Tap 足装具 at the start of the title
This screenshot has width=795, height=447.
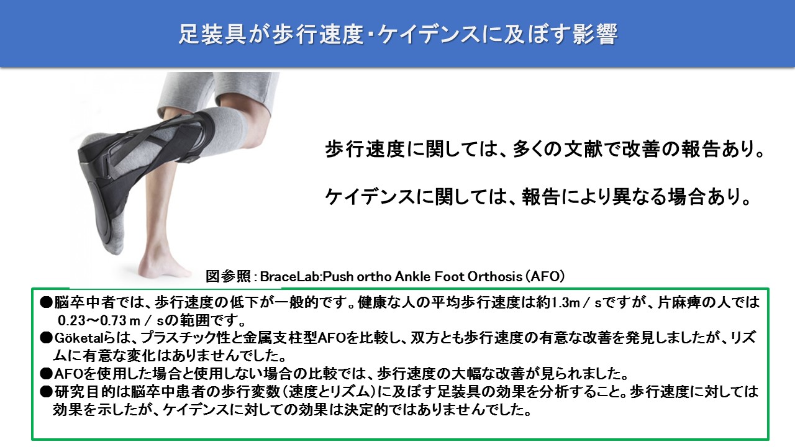[212, 34]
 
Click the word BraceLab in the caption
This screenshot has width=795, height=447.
[289, 277]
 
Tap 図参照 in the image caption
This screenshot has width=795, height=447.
[228, 277]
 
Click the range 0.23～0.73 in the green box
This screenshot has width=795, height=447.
[93, 321]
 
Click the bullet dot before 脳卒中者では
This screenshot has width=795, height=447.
[46, 302]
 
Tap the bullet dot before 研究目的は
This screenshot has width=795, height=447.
[46, 392]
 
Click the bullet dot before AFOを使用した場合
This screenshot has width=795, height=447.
[46, 374]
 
